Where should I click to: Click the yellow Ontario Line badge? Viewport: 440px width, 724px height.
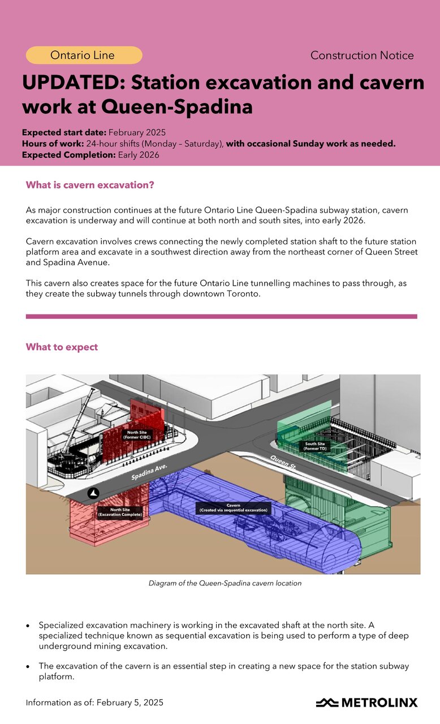click(x=84, y=55)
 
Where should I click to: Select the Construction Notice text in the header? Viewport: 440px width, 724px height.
click(x=362, y=55)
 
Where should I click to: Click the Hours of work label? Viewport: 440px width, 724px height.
click(x=53, y=144)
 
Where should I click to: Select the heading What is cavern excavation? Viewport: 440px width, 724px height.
click(x=90, y=185)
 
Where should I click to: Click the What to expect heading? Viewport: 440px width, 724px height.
click(x=62, y=347)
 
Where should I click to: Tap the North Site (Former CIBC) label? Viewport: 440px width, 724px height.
click(x=136, y=434)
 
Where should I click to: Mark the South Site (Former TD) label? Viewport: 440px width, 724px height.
click(x=315, y=446)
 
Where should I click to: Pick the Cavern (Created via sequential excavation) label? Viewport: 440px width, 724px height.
click(x=232, y=508)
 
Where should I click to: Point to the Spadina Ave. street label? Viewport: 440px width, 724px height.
click(x=150, y=472)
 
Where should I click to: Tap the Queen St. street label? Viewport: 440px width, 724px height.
click(x=283, y=466)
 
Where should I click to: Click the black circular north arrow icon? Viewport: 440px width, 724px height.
click(x=93, y=493)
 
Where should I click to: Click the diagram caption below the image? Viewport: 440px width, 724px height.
click(x=225, y=583)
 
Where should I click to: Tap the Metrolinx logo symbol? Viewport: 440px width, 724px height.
click(x=326, y=703)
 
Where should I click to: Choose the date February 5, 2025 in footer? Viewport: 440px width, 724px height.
click(x=130, y=703)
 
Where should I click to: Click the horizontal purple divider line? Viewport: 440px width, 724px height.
click(x=221, y=317)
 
